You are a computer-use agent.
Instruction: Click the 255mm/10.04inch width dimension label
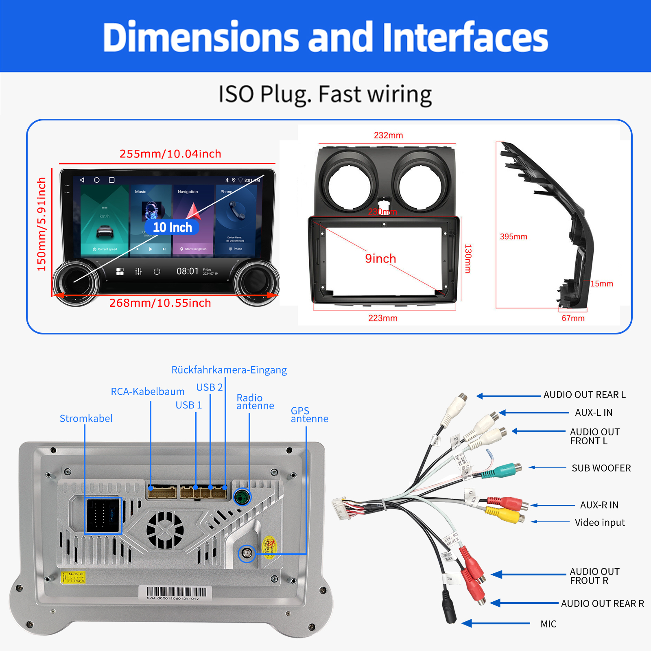(170, 154)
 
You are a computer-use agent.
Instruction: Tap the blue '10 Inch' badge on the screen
(172, 227)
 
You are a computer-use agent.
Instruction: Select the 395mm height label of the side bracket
(513, 237)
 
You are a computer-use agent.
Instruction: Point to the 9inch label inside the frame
(380, 258)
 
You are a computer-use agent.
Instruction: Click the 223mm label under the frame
(383, 318)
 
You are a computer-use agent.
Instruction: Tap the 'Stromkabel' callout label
(86, 418)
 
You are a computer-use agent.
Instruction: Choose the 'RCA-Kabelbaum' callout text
(147, 391)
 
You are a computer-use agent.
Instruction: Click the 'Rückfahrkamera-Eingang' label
(229, 370)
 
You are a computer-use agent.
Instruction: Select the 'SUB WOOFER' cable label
(601, 468)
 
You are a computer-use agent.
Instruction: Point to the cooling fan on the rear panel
(165, 530)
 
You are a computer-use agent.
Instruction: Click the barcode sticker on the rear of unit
(176, 592)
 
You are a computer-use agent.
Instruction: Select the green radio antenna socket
(242, 497)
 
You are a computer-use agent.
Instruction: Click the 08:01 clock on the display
(188, 271)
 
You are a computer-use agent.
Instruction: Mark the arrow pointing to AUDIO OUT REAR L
(509, 395)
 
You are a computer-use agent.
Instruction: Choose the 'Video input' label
(599, 522)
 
